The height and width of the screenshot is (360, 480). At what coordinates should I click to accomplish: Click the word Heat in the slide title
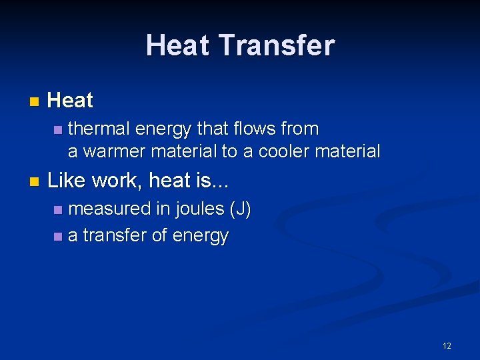click(179, 46)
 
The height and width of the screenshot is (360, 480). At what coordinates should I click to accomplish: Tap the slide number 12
click(447, 345)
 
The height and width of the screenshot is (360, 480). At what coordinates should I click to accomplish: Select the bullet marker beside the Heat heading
click(34, 102)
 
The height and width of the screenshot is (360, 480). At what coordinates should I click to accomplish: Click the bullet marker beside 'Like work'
click(34, 181)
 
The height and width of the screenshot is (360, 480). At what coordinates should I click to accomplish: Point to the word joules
click(199, 209)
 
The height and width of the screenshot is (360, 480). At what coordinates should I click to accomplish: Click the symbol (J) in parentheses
click(240, 209)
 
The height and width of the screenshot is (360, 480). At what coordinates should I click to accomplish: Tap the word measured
click(110, 209)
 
